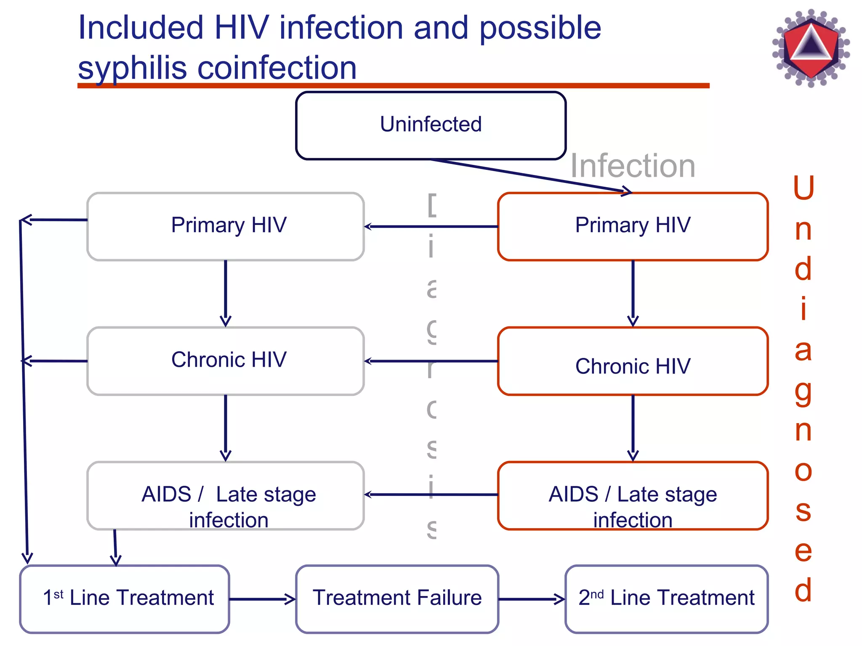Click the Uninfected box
[431, 125]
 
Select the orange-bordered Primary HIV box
[633, 226]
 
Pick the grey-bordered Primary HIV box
[226, 226]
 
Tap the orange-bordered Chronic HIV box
[633, 361]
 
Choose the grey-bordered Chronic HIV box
[226, 361]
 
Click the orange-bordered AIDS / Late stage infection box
[633, 495]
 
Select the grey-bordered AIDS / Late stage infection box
[226, 495]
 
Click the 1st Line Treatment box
[125, 599]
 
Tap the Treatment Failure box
[397, 599]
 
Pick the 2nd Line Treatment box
[666, 599]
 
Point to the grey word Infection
[633, 166]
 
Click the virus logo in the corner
[811, 48]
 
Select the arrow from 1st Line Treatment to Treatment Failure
[262, 599]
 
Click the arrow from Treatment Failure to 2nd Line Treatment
[531, 599]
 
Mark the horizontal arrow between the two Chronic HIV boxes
[431, 361]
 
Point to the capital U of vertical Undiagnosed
[803, 188]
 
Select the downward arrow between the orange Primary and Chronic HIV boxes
[633, 294]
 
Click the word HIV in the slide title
[241, 28]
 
